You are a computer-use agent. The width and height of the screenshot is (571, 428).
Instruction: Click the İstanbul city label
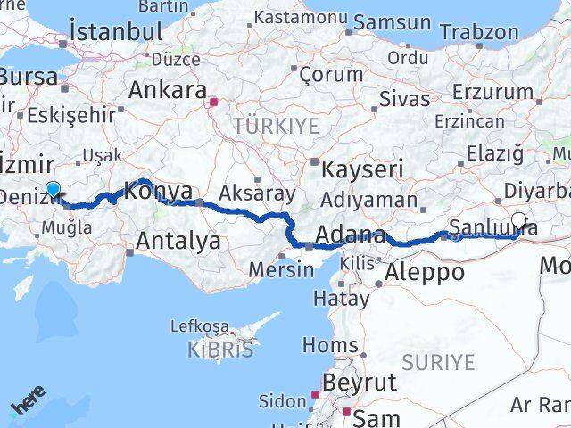click(116, 32)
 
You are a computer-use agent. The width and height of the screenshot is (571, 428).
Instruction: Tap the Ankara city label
click(168, 90)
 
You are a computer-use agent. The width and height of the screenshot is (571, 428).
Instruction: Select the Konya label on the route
click(158, 191)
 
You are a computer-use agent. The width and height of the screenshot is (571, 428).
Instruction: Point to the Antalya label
click(178, 240)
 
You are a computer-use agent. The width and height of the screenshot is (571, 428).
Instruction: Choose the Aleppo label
click(424, 273)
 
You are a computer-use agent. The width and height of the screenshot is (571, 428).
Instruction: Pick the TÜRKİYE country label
click(276, 126)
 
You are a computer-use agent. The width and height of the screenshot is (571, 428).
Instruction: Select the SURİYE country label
click(438, 361)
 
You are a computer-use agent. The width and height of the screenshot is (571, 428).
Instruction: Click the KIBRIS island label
click(220, 349)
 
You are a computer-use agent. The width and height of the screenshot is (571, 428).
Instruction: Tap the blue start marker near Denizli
click(54, 189)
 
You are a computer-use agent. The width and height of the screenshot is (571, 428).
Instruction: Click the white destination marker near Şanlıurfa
click(518, 219)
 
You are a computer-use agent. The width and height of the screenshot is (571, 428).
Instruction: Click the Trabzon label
click(479, 32)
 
